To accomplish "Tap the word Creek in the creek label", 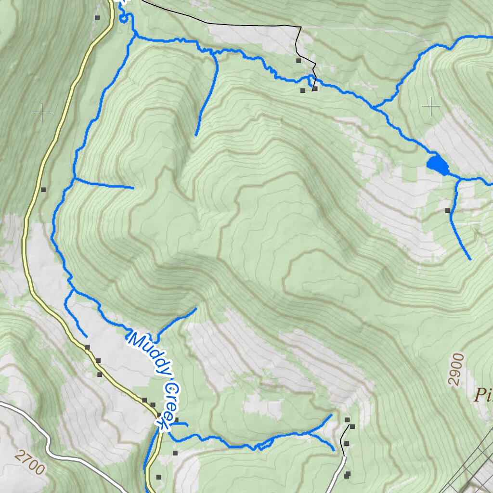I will (x=166, y=404).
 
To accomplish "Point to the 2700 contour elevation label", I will (x=29, y=461).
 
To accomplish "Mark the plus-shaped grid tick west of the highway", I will (x=42, y=113).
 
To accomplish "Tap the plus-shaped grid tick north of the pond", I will (x=431, y=106).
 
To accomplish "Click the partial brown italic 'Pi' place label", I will (x=482, y=395).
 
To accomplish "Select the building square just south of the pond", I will (x=448, y=210).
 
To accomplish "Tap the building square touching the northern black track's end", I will (x=315, y=89).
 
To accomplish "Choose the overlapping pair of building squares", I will (x=347, y=475).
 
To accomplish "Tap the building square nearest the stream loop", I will (x=97, y=18).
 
